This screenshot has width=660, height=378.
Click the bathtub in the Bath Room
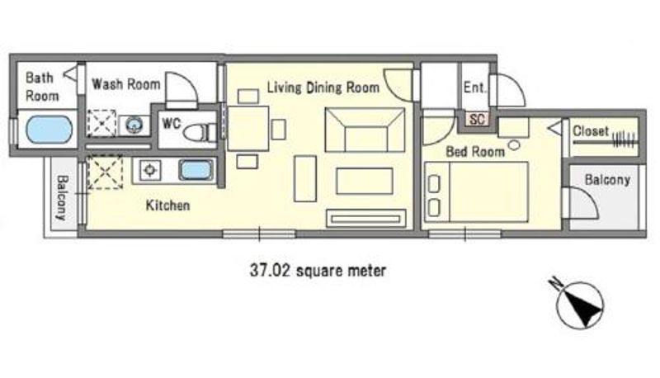49,130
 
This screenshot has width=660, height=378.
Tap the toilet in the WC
200,132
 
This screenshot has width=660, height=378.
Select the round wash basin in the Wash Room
134,125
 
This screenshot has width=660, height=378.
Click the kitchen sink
196,171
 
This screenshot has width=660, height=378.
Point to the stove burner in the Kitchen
150,171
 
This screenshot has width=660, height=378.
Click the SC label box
477,119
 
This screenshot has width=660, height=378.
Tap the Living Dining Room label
323,87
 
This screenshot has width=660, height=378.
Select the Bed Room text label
475,152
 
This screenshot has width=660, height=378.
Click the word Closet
591,131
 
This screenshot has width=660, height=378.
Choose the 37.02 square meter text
318,270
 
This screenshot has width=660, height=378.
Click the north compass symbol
579,304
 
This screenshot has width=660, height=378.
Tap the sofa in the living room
365,130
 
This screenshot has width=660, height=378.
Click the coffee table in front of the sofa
365,181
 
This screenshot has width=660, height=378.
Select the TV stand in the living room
366,219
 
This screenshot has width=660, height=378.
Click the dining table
248,129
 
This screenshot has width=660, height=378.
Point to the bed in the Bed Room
476,191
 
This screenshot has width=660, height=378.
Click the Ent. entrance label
475,87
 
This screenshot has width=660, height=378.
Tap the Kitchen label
167,206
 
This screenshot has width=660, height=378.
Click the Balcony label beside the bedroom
607,180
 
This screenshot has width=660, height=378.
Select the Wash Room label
126,84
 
